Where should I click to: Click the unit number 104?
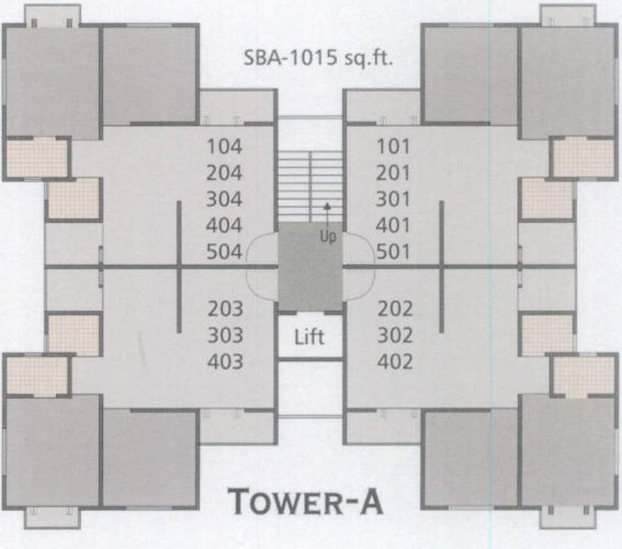coord(224,147)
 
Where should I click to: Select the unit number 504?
coord(224,252)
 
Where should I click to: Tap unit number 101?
coord(393,147)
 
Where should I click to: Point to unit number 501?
coord(393,252)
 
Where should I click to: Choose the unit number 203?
coord(226,310)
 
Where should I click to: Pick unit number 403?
coord(226,362)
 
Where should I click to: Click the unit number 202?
coord(395,310)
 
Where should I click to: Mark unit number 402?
coord(395,362)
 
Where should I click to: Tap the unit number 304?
coord(224,199)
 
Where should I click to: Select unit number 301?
coord(393,199)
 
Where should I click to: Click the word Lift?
coord(309,337)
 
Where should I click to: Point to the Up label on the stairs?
coord(328,237)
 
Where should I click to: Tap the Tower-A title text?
coord(305,501)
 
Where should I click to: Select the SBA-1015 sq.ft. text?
coord(319,58)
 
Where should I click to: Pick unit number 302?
coord(395,335)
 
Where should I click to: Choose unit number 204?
coord(224,173)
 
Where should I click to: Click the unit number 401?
coord(393,226)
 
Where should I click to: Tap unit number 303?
coord(226,335)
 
